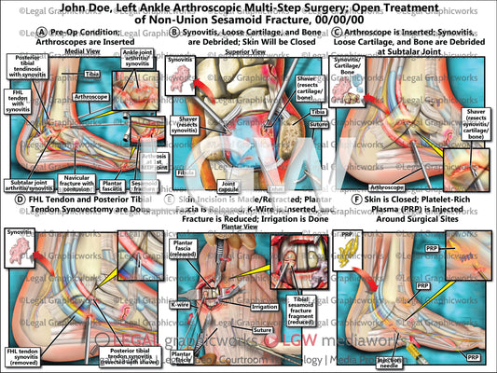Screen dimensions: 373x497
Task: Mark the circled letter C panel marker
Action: [x=337, y=32]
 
